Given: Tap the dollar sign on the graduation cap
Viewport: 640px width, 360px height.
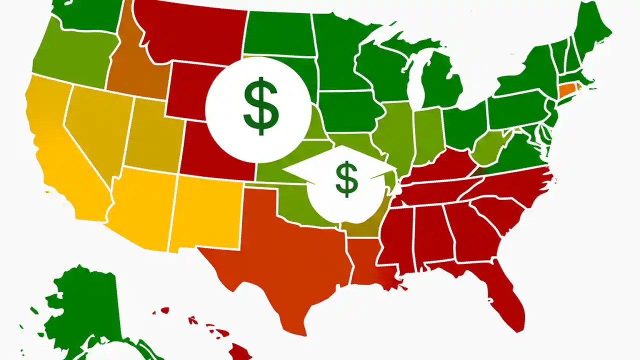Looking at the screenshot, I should pyautogui.click(x=346, y=179).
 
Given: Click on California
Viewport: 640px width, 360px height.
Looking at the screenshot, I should pyautogui.click(x=60, y=150).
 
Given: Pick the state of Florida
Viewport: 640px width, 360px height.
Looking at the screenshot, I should pyautogui.click(x=505, y=295).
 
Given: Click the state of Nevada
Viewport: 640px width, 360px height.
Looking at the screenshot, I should pyautogui.click(x=95, y=130).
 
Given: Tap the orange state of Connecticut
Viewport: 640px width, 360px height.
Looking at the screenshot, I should pyautogui.click(x=566, y=90).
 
